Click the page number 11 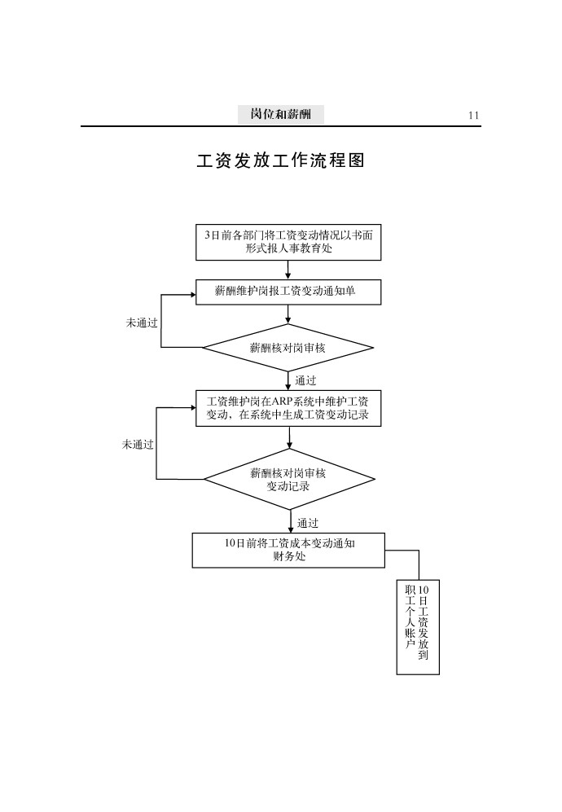(473, 116)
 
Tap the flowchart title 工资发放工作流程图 (280, 160)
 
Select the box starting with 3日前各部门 (288, 242)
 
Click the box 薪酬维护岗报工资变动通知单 (288, 292)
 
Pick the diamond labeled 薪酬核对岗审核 (288, 348)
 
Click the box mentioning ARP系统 (288, 408)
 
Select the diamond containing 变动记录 (288, 479)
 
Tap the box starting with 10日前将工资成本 (288, 550)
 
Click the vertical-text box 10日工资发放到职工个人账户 (418, 627)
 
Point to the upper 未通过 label (142, 323)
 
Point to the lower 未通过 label (138, 444)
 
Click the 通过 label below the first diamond (306, 380)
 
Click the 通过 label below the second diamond (308, 523)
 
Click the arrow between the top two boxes (288, 270)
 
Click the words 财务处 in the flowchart (289, 557)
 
